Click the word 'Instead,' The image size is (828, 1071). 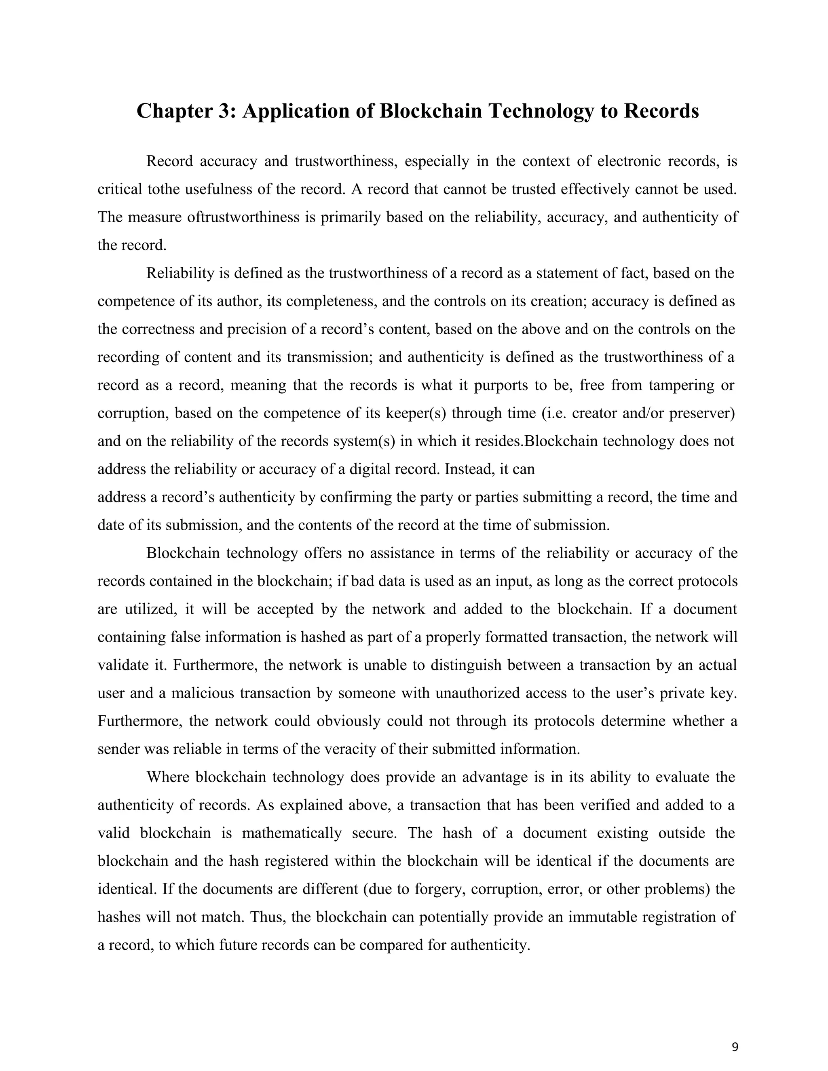469,469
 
